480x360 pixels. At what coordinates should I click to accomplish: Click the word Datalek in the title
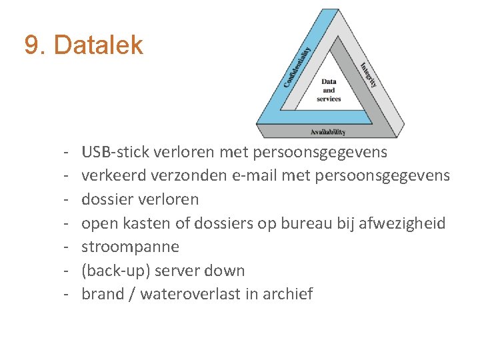[98, 45]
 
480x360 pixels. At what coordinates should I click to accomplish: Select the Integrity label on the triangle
[369, 75]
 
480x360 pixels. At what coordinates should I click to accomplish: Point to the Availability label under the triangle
[328, 132]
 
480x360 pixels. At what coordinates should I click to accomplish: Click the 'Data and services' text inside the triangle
[329, 90]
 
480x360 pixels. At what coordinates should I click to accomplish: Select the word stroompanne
[130, 247]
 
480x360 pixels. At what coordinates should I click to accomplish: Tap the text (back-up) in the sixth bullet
[111, 271]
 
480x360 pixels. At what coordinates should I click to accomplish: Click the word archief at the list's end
[289, 294]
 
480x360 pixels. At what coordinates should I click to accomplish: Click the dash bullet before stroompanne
[68, 247]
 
